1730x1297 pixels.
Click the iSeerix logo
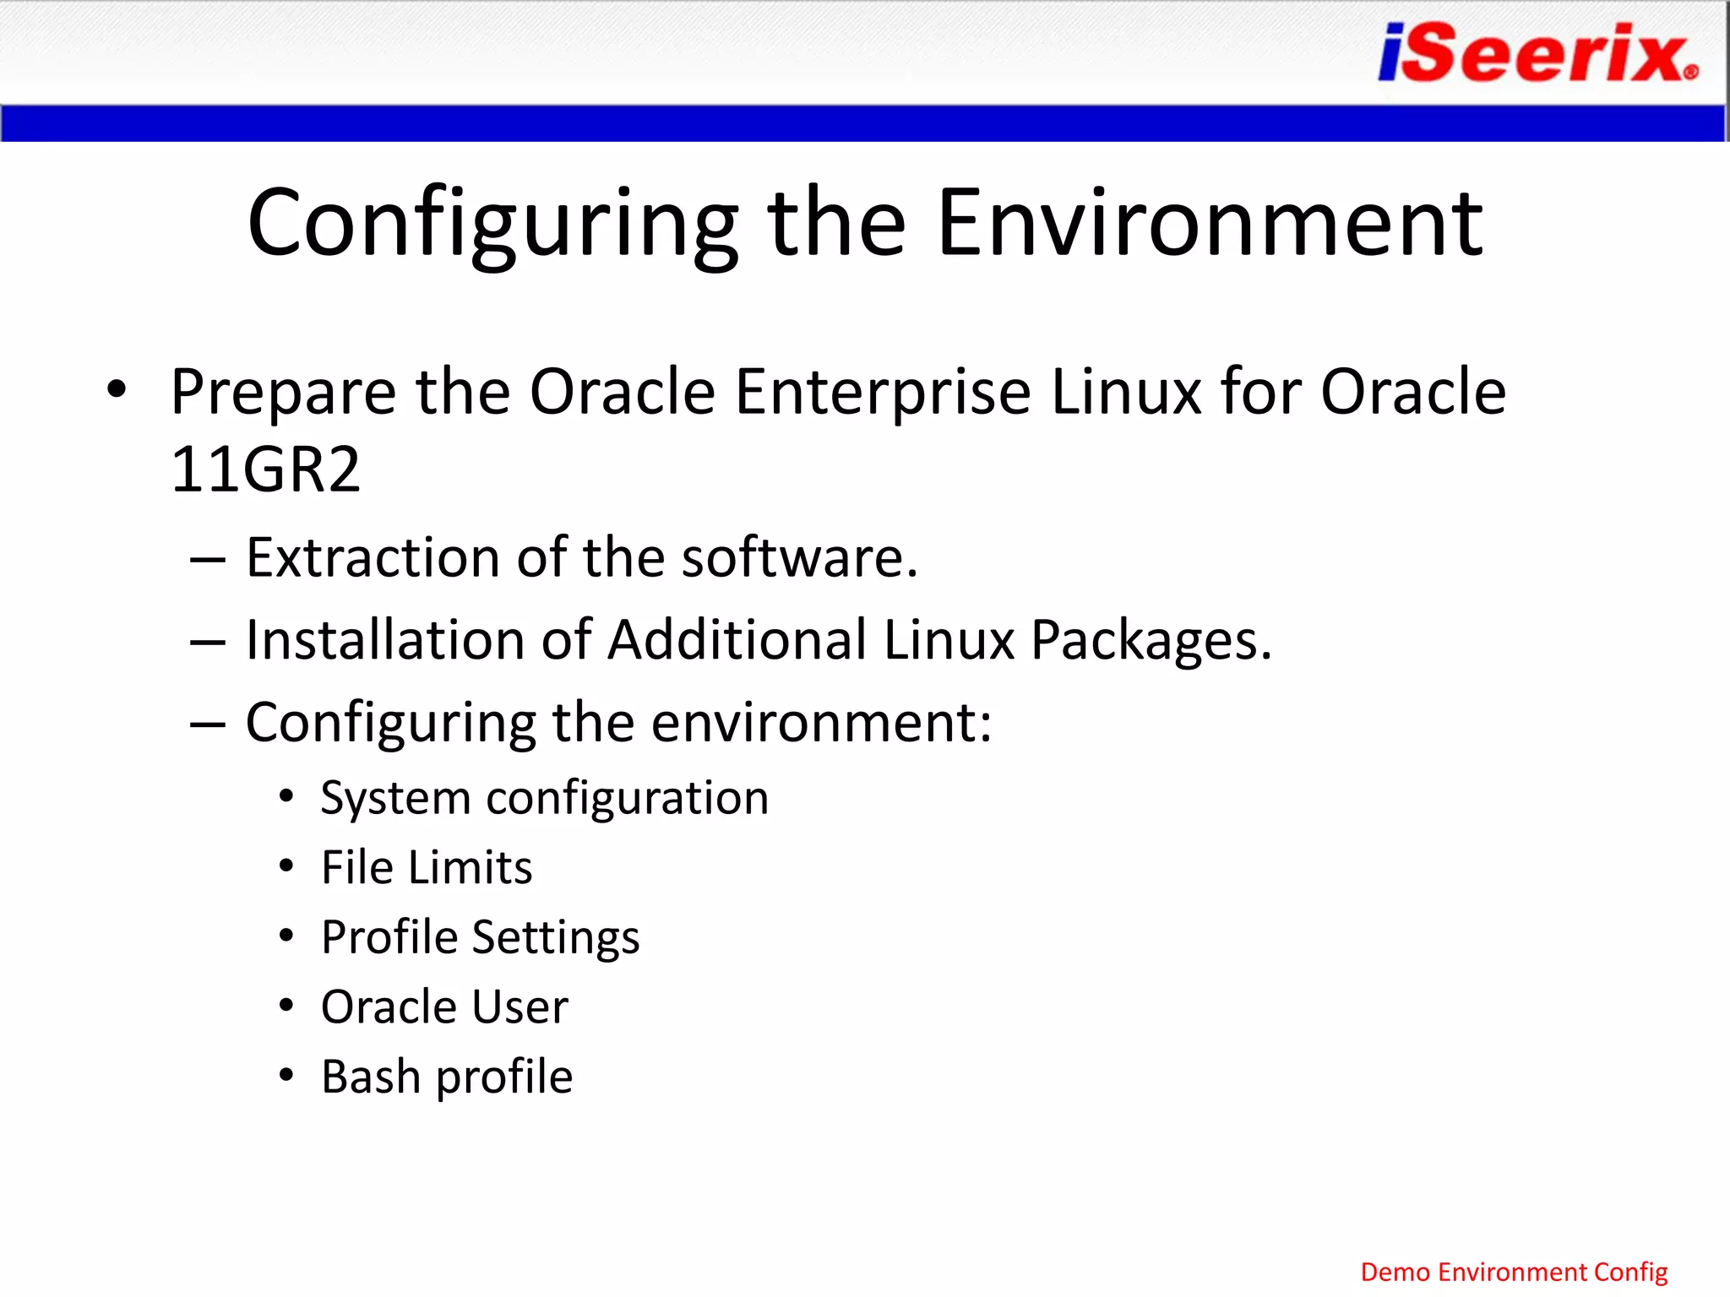1537,52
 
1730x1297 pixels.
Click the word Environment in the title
1210,223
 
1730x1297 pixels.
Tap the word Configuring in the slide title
492,225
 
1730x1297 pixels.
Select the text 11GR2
265,469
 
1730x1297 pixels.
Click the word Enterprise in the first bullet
883,392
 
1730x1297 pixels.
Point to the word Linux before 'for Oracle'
1126,392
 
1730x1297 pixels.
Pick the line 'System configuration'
544,798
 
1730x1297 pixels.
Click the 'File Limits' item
427,867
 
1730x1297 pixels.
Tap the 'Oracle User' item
444,1007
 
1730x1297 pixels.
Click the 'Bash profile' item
447,1077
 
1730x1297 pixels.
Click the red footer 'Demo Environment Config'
1514,1272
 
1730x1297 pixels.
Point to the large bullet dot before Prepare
117,390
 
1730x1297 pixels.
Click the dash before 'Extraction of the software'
208,559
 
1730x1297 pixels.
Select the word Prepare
283,393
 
